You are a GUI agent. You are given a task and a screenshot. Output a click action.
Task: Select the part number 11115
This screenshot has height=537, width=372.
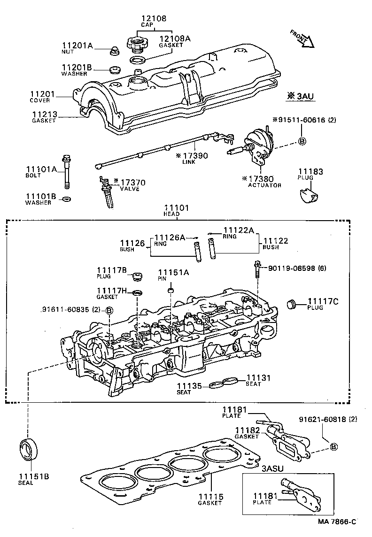coord(209,497)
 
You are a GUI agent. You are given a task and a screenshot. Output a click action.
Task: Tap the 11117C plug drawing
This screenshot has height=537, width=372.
coord(292,304)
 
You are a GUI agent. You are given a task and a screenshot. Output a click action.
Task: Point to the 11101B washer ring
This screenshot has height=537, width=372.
coord(67,199)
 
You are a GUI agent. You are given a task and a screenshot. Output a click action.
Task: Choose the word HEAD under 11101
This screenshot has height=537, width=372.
coord(171,214)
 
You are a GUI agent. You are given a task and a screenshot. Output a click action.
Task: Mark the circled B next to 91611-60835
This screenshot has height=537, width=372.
coord(109,310)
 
